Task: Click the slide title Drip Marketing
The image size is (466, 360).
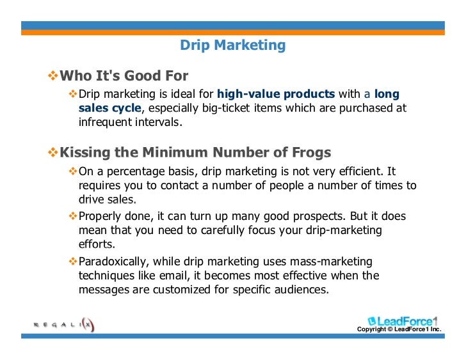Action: point(232,45)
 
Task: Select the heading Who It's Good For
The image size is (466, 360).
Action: point(124,77)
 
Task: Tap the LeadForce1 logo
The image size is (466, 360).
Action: point(404,321)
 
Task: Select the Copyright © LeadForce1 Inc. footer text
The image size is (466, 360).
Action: point(399,330)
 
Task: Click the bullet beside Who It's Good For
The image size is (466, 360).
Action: point(53,77)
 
